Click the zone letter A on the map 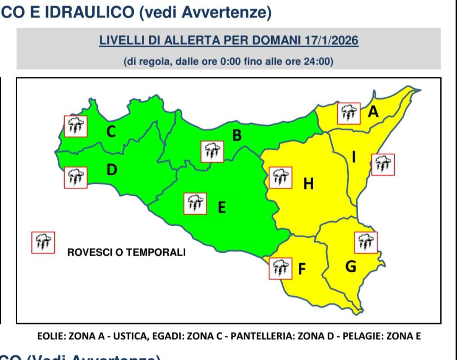pos(373,112)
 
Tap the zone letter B pos(237,135)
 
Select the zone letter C pos(111,131)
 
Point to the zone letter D pos(111,170)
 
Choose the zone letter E pos(221,208)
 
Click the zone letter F pos(302,269)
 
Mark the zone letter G pos(350,266)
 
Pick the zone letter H pos(308,184)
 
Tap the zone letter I pos(354,157)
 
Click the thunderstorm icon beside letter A pos(349,114)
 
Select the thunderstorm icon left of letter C pos(75,126)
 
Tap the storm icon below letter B pos(212,151)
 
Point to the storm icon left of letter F pos(281,268)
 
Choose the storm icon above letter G pos(366,242)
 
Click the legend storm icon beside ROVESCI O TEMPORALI pos(43,242)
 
